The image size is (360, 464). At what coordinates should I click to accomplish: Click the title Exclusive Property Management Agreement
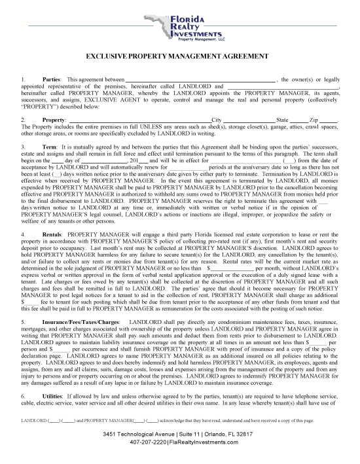[179, 57]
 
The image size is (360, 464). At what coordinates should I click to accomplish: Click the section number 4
[23, 215]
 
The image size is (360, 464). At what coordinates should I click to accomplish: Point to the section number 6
[23, 378]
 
